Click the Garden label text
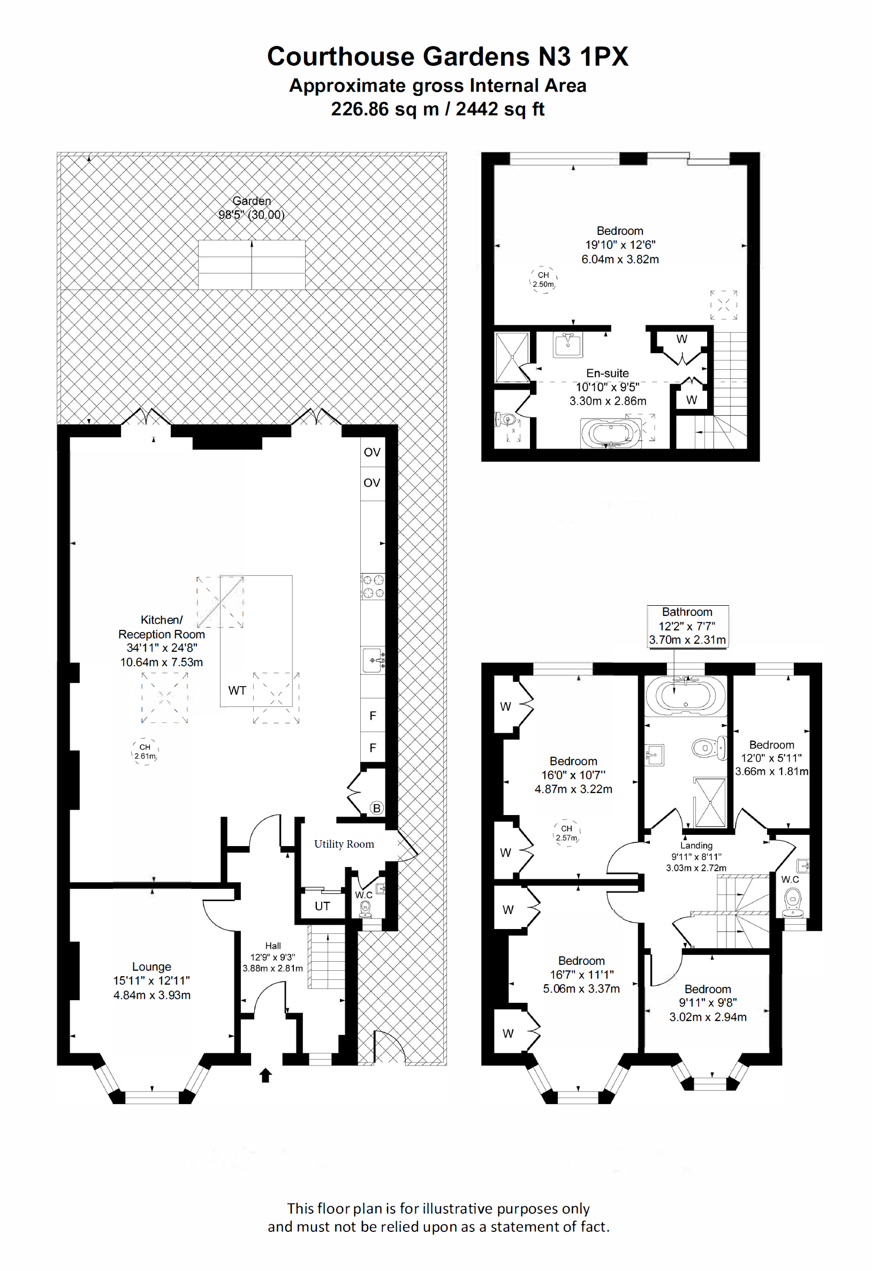coord(252,201)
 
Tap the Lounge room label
coord(151,966)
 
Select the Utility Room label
coord(344,844)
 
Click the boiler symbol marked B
coord(376,808)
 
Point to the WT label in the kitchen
coord(237,691)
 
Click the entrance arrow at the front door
coord(266,1075)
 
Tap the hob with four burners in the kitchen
coord(373,587)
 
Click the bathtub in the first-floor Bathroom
coord(686,696)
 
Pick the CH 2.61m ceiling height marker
coord(145,751)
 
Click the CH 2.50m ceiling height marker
coord(543,279)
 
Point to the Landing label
coord(696,846)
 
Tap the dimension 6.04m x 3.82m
coord(620,259)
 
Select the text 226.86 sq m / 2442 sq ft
coord(438,109)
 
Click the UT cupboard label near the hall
coord(322,906)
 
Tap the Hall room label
coord(273,946)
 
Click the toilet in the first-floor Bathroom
coord(709,748)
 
